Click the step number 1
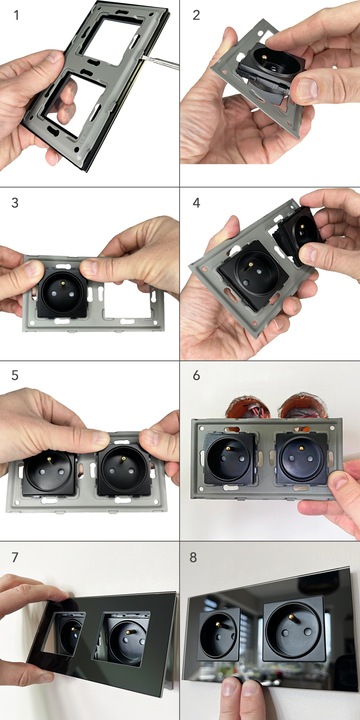17,15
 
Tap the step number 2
197,15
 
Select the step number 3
15,202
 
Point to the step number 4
197,202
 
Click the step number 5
15,375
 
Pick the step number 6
197,375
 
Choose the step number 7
15,557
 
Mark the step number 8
193,557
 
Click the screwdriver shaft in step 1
161,61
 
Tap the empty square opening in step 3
127,300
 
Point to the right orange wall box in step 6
304,404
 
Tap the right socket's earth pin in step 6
301,448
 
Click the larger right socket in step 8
294,628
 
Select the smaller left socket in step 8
219,634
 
